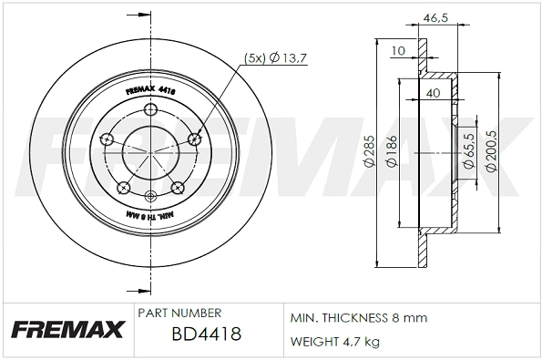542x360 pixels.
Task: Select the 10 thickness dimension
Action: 398,51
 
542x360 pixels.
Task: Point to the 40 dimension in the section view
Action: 433,92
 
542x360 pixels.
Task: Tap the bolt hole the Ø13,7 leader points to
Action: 193,139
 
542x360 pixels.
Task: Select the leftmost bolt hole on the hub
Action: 107,139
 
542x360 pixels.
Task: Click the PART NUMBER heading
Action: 179,312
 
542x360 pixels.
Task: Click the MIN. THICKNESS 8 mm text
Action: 358,318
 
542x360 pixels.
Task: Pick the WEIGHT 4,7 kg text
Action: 335,342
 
